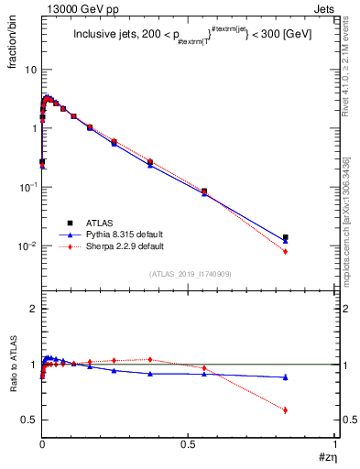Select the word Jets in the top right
324,8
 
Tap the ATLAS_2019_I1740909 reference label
189,274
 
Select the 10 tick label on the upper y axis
30,69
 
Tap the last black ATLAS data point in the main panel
286,237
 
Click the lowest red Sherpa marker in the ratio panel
286,409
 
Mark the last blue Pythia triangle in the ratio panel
286,377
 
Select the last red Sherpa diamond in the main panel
286,251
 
